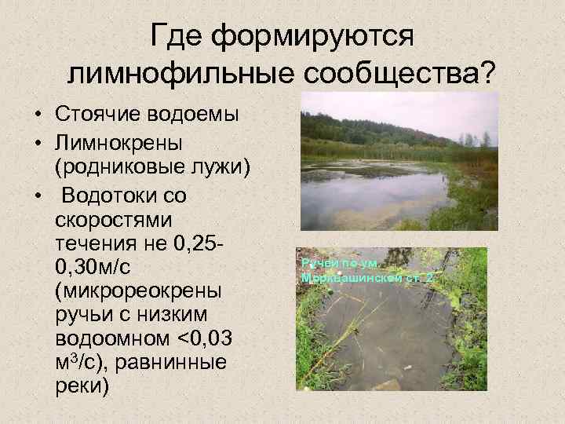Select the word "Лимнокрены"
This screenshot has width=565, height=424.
(x=117, y=144)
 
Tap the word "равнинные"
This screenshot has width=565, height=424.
(x=177, y=363)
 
